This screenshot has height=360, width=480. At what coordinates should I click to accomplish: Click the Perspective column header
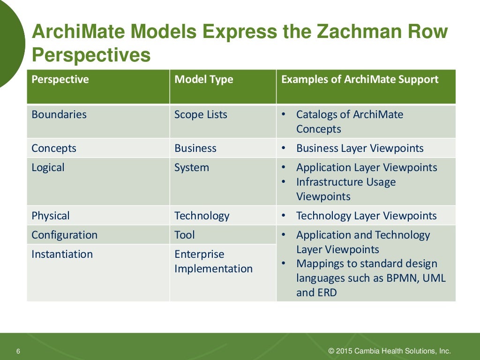point(60,79)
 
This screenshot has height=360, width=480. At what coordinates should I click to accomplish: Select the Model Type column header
point(203,79)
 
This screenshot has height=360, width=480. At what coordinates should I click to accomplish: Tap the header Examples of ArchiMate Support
point(360,79)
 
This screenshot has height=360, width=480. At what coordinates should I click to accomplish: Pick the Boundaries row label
point(59,114)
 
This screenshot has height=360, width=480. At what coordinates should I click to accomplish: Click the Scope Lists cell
point(201,114)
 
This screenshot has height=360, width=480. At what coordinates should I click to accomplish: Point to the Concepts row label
point(54,148)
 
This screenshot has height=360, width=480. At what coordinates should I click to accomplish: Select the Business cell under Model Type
point(195,148)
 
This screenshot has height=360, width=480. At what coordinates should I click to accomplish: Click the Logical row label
point(48,167)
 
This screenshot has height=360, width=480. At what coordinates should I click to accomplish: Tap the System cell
point(192,167)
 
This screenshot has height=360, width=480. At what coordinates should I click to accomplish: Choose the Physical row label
point(51,216)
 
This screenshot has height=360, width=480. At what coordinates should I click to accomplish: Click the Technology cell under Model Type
point(202,216)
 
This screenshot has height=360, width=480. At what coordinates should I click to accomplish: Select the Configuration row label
point(65,235)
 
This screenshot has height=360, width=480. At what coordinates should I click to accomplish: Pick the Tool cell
point(185,235)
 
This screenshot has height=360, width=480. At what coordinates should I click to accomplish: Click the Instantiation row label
point(62,254)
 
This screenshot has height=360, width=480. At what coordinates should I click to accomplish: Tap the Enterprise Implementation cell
point(213,262)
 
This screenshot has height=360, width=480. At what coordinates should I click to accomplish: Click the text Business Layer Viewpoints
point(360,148)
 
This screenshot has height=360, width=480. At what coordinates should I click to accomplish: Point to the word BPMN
point(403,278)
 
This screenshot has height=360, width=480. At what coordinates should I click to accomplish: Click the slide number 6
point(18,352)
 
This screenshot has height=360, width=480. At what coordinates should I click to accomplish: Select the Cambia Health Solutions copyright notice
point(390,351)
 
